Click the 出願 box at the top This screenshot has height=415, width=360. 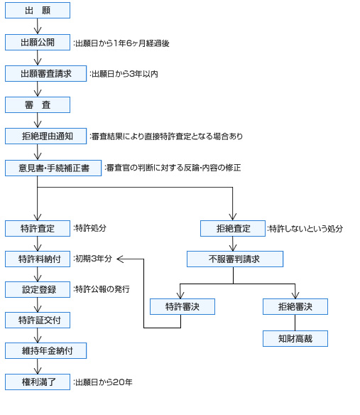click(38, 11)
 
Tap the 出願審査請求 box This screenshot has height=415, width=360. click(45, 73)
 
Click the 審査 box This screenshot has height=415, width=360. click(38, 104)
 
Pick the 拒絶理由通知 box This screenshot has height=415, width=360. click(45, 136)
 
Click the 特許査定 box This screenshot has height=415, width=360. click(38, 228)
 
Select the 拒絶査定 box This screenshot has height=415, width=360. click(233, 228)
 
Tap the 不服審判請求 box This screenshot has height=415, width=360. click(235, 259)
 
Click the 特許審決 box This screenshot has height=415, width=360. click(182, 306)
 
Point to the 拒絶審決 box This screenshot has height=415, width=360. click(295, 306)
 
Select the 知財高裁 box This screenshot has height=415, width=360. click(295, 338)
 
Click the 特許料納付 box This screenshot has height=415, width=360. click(38, 259)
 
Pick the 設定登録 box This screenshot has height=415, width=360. click(38, 289)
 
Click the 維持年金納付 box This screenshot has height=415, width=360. click(45, 350)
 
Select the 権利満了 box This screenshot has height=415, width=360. click(38, 382)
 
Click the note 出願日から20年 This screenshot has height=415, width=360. click(104, 382)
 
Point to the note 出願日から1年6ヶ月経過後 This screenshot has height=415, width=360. click(121, 43)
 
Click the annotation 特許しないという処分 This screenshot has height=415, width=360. click(305, 229)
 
